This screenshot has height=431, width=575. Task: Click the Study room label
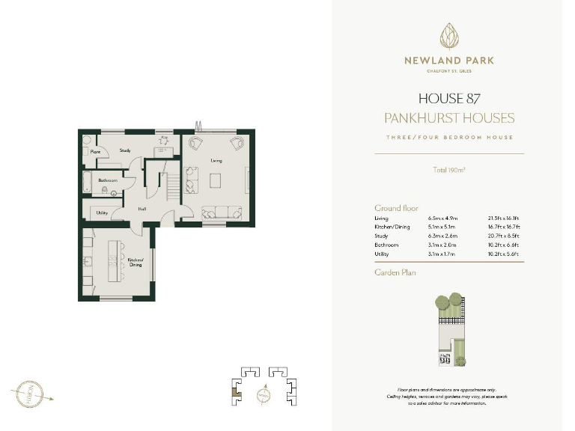click(125, 150)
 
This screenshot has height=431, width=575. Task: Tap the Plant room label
click(95, 152)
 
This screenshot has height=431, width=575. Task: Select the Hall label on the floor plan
click(141, 209)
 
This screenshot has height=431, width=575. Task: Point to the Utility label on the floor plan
click(103, 213)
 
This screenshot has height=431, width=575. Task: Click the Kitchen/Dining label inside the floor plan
click(135, 263)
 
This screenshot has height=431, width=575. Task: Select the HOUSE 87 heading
click(449, 99)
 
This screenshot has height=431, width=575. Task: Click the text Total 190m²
click(449, 170)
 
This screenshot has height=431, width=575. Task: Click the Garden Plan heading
click(395, 272)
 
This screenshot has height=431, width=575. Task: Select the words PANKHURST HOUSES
click(449, 118)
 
